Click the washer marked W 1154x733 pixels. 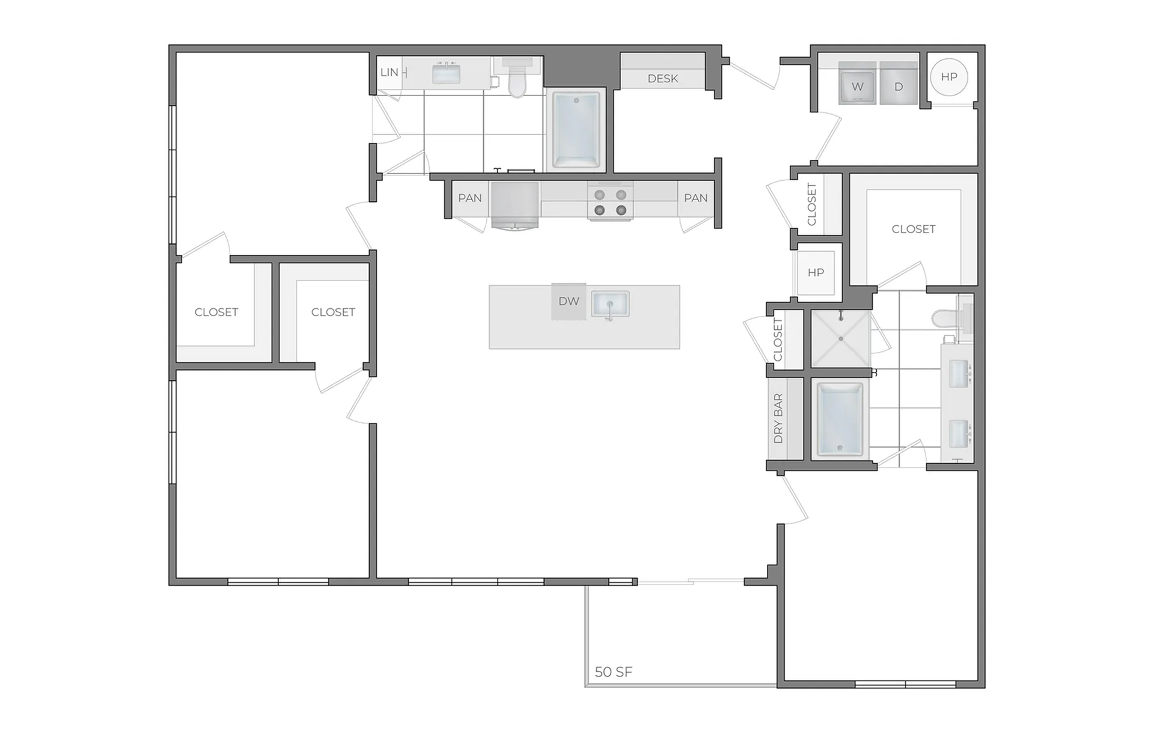click(x=858, y=84)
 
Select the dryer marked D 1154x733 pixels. click(x=899, y=84)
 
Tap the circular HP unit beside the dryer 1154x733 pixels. click(x=949, y=77)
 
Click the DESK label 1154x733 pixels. click(x=663, y=79)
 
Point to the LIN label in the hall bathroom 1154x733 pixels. click(x=389, y=72)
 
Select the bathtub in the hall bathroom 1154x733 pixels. click(x=576, y=129)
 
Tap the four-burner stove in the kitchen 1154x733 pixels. click(x=610, y=202)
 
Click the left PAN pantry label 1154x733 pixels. click(x=470, y=198)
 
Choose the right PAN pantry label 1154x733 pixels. click(x=696, y=198)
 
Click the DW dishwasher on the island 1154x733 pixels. click(x=569, y=301)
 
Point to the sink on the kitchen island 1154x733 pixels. click(x=610, y=304)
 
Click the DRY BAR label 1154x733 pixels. click(x=778, y=418)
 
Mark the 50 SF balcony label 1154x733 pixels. click(x=614, y=672)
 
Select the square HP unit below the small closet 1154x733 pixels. click(x=816, y=273)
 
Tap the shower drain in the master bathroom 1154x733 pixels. click(x=841, y=339)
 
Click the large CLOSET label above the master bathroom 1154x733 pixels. click(x=914, y=229)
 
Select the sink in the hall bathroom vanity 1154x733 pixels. click(x=447, y=74)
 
